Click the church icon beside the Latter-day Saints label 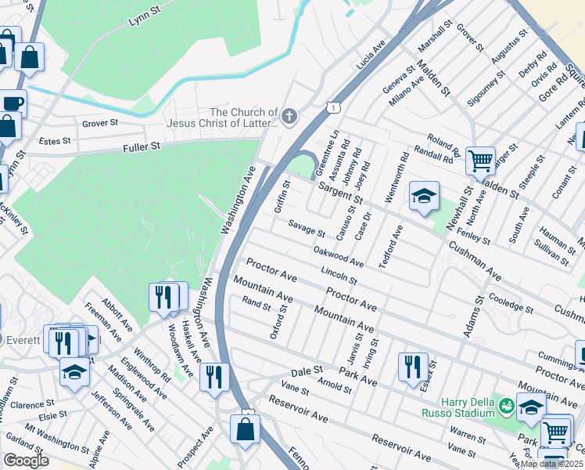pos(289,118)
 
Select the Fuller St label pos(141,146)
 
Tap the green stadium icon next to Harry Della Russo pos(507,407)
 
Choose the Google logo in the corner pos(26,461)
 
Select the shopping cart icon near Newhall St pos(480,161)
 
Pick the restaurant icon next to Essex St pos(412,366)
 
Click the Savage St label pos(306,229)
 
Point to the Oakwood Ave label pos(338,255)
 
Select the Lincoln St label pos(339,275)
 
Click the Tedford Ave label pos(391,247)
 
